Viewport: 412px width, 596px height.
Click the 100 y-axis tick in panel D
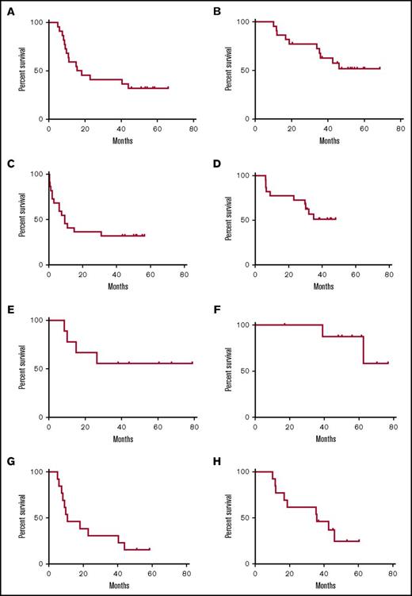[242, 175]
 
